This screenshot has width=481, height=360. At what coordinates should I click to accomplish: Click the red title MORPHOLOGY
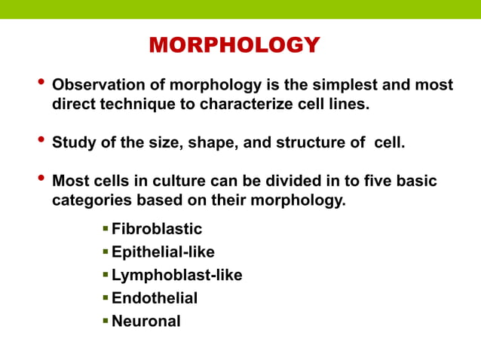(x=234, y=45)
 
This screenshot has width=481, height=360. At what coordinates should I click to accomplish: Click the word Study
(x=72, y=143)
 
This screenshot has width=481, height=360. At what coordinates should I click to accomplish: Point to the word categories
(x=90, y=201)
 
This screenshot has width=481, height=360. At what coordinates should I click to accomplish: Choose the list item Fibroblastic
(x=157, y=229)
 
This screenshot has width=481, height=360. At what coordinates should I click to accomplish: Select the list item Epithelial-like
(x=163, y=252)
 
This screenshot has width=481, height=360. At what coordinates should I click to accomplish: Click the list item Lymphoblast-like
(x=177, y=275)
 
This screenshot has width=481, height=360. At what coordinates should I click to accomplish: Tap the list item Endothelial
(x=155, y=298)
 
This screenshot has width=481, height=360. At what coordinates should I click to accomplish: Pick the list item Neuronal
(x=146, y=321)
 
